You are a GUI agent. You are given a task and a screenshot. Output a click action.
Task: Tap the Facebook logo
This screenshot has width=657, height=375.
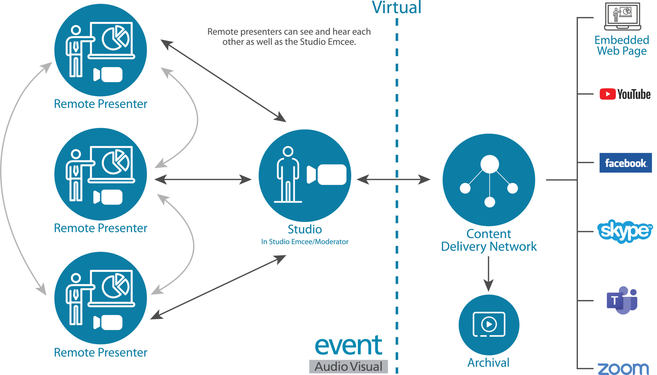tap(625, 163)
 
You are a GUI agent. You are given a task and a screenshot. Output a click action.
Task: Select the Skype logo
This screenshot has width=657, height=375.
tap(625, 231)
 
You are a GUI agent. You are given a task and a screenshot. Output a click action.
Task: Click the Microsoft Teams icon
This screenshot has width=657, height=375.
tap(622, 300)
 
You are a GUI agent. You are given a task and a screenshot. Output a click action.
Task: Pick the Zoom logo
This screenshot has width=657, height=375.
tap(623, 369)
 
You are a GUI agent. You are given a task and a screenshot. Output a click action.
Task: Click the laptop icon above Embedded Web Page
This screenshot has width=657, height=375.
tap(622, 16)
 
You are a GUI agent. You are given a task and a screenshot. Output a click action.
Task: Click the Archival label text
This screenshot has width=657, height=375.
tap(488, 363)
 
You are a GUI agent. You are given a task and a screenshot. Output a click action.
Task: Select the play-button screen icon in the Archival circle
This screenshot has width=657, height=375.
tap(489, 324)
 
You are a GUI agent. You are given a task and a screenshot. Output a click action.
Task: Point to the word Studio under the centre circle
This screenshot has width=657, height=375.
tap(305, 229)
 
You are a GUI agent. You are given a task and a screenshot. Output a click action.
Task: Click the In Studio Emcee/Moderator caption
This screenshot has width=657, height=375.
tap(305, 242)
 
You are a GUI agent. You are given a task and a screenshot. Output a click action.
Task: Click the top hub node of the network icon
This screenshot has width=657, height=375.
tap(489, 164)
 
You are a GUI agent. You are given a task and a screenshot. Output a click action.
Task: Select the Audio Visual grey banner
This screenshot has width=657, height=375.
tap(348, 367)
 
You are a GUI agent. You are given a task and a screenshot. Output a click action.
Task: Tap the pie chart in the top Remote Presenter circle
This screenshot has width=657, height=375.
tap(115, 39)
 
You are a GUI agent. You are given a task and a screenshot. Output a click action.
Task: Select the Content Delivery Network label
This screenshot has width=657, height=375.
tap(489, 240)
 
